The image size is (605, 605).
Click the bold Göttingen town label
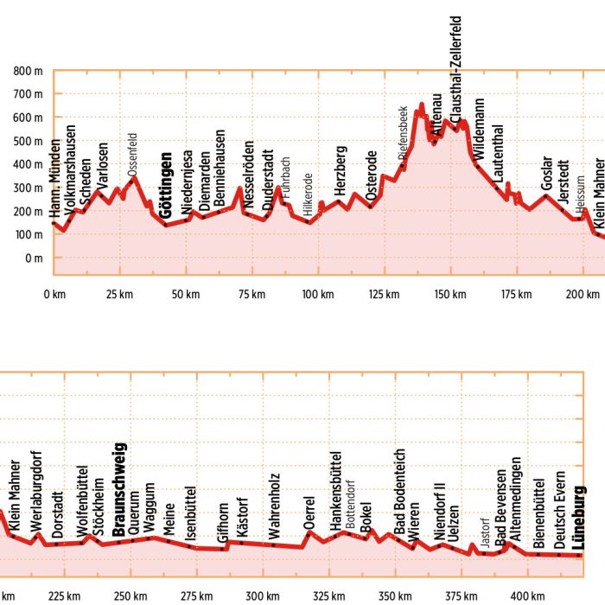(x=167, y=187)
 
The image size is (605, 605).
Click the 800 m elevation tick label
(x=28, y=71)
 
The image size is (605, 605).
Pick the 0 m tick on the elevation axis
(x=34, y=258)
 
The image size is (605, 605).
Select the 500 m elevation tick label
(x=28, y=141)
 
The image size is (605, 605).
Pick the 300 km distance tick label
(x=257, y=596)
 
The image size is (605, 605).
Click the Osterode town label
(x=372, y=176)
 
